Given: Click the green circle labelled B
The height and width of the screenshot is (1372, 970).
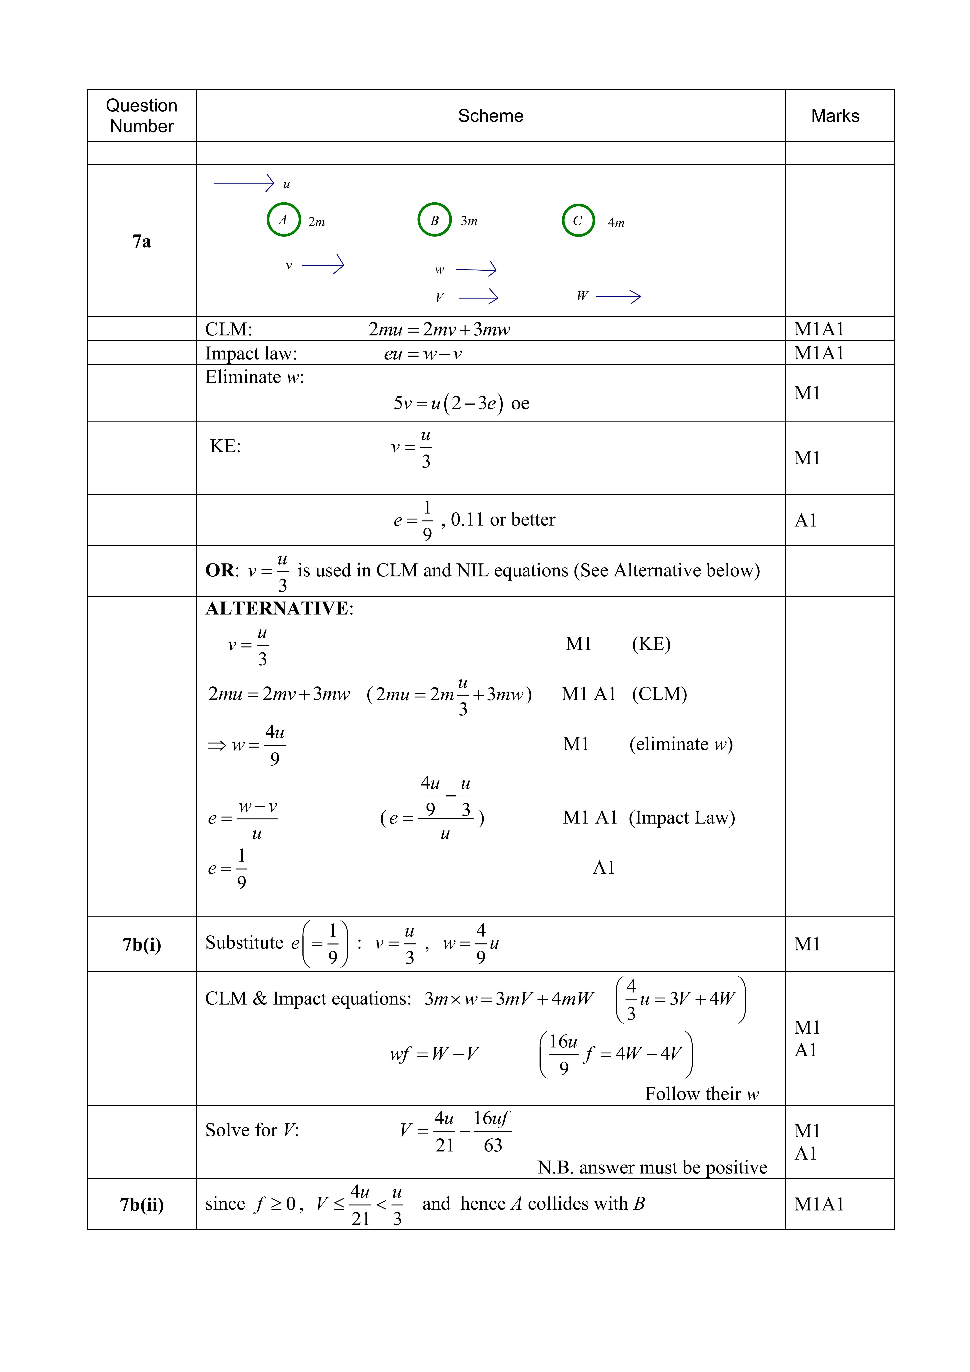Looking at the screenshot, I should click(x=434, y=220).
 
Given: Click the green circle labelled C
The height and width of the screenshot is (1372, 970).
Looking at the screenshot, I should click(x=578, y=220).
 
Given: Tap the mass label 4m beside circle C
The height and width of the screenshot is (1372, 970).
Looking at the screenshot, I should click(x=616, y=223).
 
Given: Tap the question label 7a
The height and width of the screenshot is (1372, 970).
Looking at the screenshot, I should click(x=142, y=241).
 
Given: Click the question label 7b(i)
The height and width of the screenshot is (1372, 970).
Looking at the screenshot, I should click(x=142, y=945).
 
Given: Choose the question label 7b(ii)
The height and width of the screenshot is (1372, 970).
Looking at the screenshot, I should click(x=142, y=1205).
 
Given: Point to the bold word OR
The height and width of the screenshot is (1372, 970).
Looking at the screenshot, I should click(x=220, y=571).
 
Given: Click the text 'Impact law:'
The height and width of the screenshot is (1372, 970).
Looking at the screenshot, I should click(x=251, y=354).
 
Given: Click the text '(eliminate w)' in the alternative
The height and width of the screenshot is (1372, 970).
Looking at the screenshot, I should click(x=680, y=744).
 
